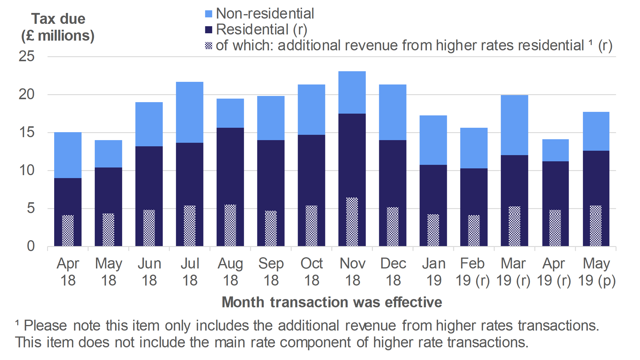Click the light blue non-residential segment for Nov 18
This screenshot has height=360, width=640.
tap(352, 92)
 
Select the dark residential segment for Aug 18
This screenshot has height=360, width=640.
tap(230, 165)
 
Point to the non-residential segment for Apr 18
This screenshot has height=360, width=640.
tap(68, 155)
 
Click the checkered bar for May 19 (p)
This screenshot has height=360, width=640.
tap(596, 226)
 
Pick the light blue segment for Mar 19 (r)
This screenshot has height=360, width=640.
tap(514, 125)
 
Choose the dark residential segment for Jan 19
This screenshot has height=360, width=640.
tap(433, 188)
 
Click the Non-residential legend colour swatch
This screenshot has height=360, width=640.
tap(208, 14)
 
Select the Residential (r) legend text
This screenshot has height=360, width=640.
tap(261, 29)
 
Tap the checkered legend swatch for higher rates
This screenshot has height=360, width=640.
tap(208, 46)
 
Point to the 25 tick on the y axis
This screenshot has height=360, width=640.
tap(26, 56)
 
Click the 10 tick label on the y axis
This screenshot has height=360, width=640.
tap(26, 170)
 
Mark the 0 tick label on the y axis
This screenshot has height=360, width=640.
tap(31, 246)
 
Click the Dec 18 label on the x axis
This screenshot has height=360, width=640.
tap(393, 272)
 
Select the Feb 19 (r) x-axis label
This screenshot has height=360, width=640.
tap(472, 272)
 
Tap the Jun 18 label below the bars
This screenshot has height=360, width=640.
tap(149, 272)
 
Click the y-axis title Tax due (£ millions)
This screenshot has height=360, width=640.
tap(58, 27)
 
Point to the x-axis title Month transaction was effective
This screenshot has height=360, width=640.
tap(332, 302)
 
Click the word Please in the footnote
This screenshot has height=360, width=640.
tap(45, 326)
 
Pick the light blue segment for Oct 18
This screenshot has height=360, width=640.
tap(311, 110)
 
